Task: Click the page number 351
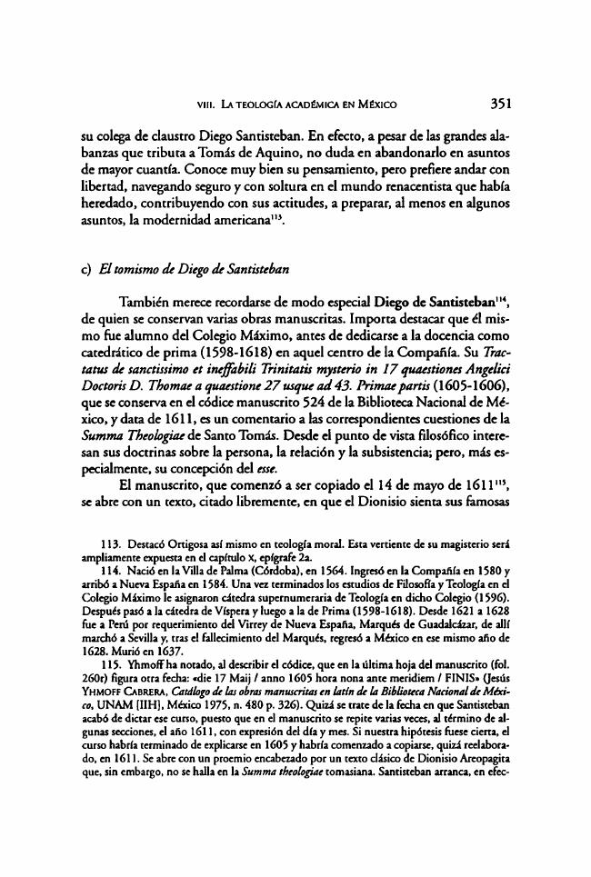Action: pos(505,102)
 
